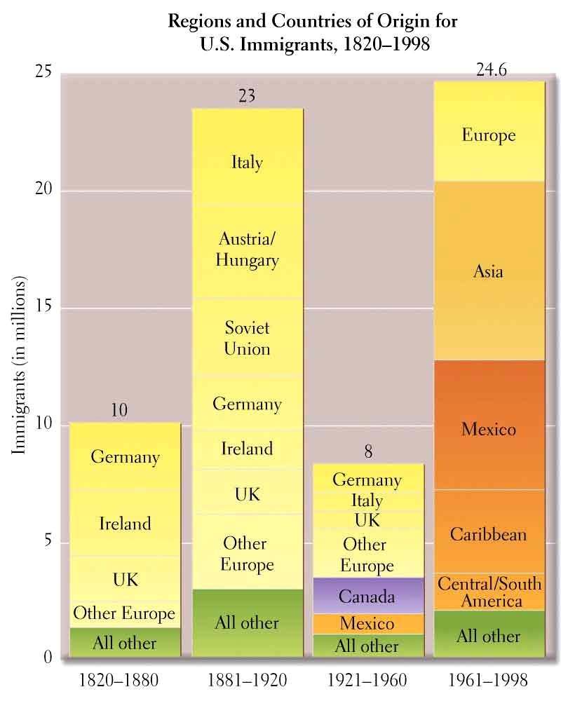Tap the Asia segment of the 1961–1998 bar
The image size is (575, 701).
pos(489,271)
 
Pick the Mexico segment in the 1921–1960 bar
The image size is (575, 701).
pos(367,623)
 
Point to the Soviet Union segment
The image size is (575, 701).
pos(248,337)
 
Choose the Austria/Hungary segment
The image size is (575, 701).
pos(248,250)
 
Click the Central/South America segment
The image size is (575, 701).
pos(489,592)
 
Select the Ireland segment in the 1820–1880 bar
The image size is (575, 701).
pos(125,523)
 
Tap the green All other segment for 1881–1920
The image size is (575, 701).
pos(248,622)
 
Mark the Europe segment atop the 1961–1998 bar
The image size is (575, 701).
pos(489,134)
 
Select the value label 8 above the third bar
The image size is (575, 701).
pos(367,452)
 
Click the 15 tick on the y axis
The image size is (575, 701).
pos(46,308)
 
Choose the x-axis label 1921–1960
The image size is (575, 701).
pos(367,680)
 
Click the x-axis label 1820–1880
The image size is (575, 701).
pos(119,680)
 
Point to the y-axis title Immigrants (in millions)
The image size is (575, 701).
pos(20,365)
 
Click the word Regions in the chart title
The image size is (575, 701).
pos(198,22)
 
